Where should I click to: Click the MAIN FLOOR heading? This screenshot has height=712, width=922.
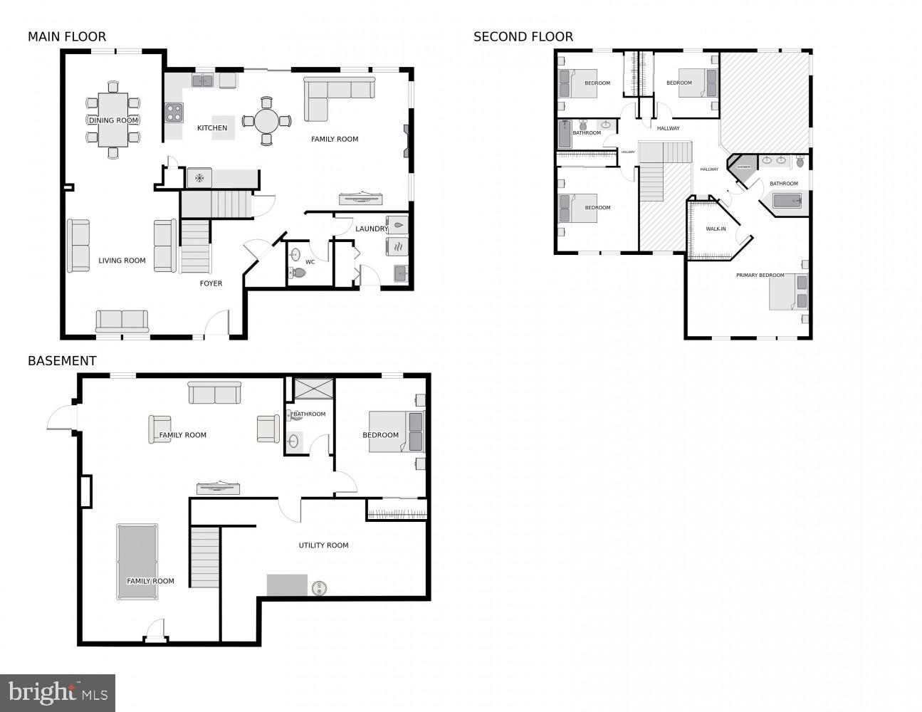pos(67,37)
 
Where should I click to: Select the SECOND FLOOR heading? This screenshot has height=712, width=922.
pos(523,37)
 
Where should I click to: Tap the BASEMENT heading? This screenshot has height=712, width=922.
pos(62,361)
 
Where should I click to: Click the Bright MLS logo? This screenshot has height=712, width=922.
pos(58,692)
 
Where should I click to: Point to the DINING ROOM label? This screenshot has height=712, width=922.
pos(113,120)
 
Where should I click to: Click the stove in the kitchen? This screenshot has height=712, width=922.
pos(174,112)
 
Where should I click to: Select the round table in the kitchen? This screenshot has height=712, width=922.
pos(266,121)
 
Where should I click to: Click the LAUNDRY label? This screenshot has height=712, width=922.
pos(371,229)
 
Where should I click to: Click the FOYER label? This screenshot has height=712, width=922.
pos(211,283)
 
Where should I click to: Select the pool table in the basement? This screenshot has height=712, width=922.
pos(137,561)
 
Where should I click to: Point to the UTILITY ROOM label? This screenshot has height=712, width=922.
pos(323,545)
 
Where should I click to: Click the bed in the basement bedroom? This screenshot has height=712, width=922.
pos(395,431)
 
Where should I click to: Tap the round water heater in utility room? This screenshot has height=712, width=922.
pos(318,588)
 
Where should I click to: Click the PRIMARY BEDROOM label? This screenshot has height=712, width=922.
pos(760,275)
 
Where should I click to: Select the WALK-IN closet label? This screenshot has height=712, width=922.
pos(716,229)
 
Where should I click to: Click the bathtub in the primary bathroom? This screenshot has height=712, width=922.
pos(787,201)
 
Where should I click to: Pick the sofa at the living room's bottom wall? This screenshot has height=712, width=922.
pos(122,321)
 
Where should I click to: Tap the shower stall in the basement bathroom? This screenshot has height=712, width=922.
pos(313,389)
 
